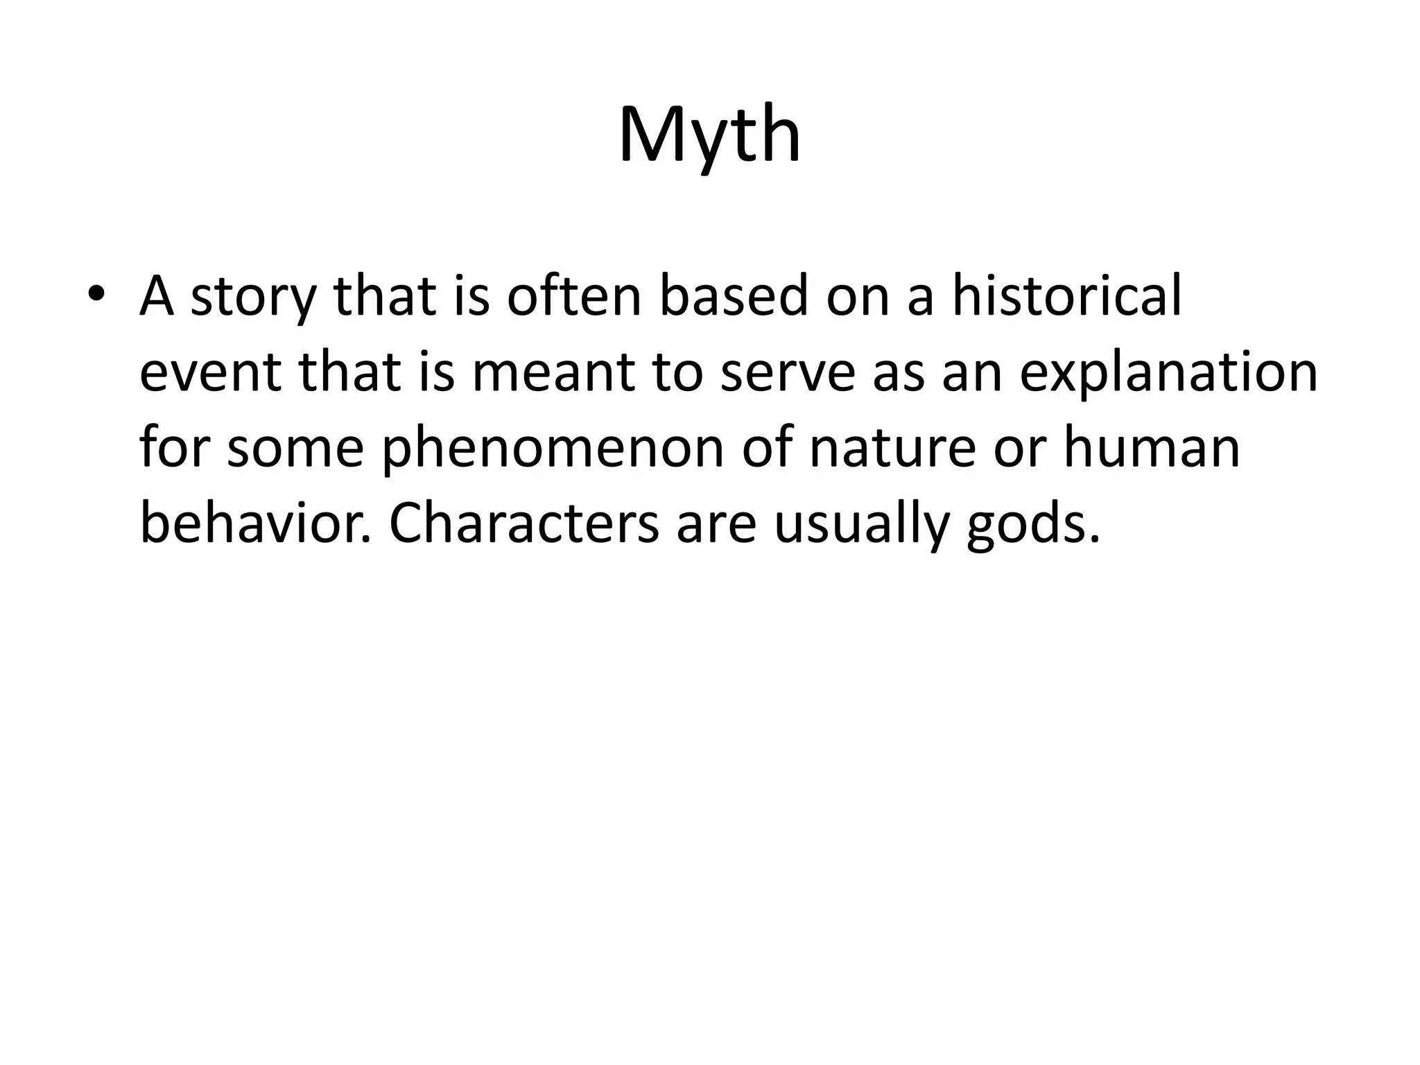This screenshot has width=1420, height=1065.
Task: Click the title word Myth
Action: [709, 135]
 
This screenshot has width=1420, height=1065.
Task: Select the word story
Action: [252, 297]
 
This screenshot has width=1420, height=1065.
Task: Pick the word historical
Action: [1066, 295]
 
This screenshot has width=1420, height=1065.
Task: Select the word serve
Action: [788, 373]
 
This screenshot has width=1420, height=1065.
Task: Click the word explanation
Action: [1168, 373]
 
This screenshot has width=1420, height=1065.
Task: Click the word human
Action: [1152, 448]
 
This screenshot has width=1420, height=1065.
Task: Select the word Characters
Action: [524, 524]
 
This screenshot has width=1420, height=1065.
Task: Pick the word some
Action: [295, 449]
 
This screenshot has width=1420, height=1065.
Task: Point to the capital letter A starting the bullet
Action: [157, 295]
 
